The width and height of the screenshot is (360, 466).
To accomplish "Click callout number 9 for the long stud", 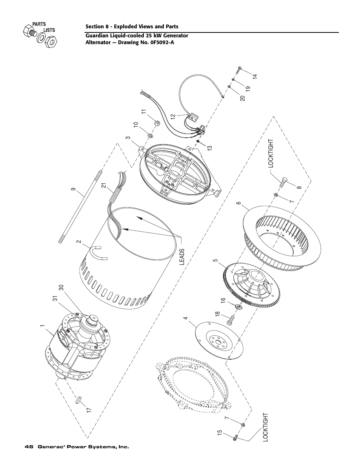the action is click(x=74, y=189).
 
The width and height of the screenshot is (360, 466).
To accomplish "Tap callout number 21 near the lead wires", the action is click(x=104, y=186).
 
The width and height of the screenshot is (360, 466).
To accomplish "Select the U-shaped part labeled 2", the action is click(x=98, y=253).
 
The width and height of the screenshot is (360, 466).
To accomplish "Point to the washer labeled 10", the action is click(x=150, y=135).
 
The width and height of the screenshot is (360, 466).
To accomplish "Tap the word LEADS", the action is click(x=182, y=257).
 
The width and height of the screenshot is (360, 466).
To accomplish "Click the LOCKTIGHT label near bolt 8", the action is click(x=271, y=154).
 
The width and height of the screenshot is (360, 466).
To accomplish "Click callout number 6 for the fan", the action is click(x=239, y=203).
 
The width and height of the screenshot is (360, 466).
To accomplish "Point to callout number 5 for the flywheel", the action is click(x=215, y=261).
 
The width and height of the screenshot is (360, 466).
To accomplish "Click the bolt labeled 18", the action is click(x=230, y=322).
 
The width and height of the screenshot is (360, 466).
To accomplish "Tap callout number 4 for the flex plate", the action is click(x=186, y=318).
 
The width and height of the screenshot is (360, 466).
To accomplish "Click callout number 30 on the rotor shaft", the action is click(x=62, y=287).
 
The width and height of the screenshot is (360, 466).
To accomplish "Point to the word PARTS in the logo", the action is click(x=39, y=24).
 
